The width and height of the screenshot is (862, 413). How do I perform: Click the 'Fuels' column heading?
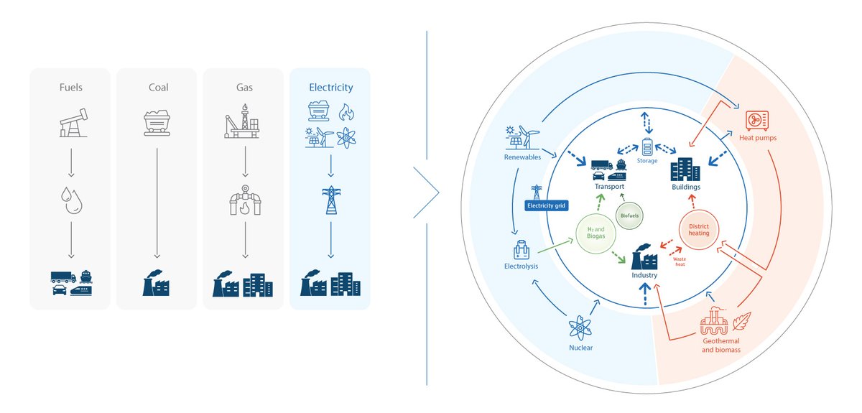(x=70, y=88)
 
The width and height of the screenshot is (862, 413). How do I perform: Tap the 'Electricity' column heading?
(x=330, y=88)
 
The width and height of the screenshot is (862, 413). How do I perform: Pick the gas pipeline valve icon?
(x=244, y=201)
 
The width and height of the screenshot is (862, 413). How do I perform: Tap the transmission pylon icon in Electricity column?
(x=330, y=200)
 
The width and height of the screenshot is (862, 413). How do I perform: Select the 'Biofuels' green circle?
(x=631, y=215)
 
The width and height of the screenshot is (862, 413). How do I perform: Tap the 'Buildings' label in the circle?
(x=685, y=187)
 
